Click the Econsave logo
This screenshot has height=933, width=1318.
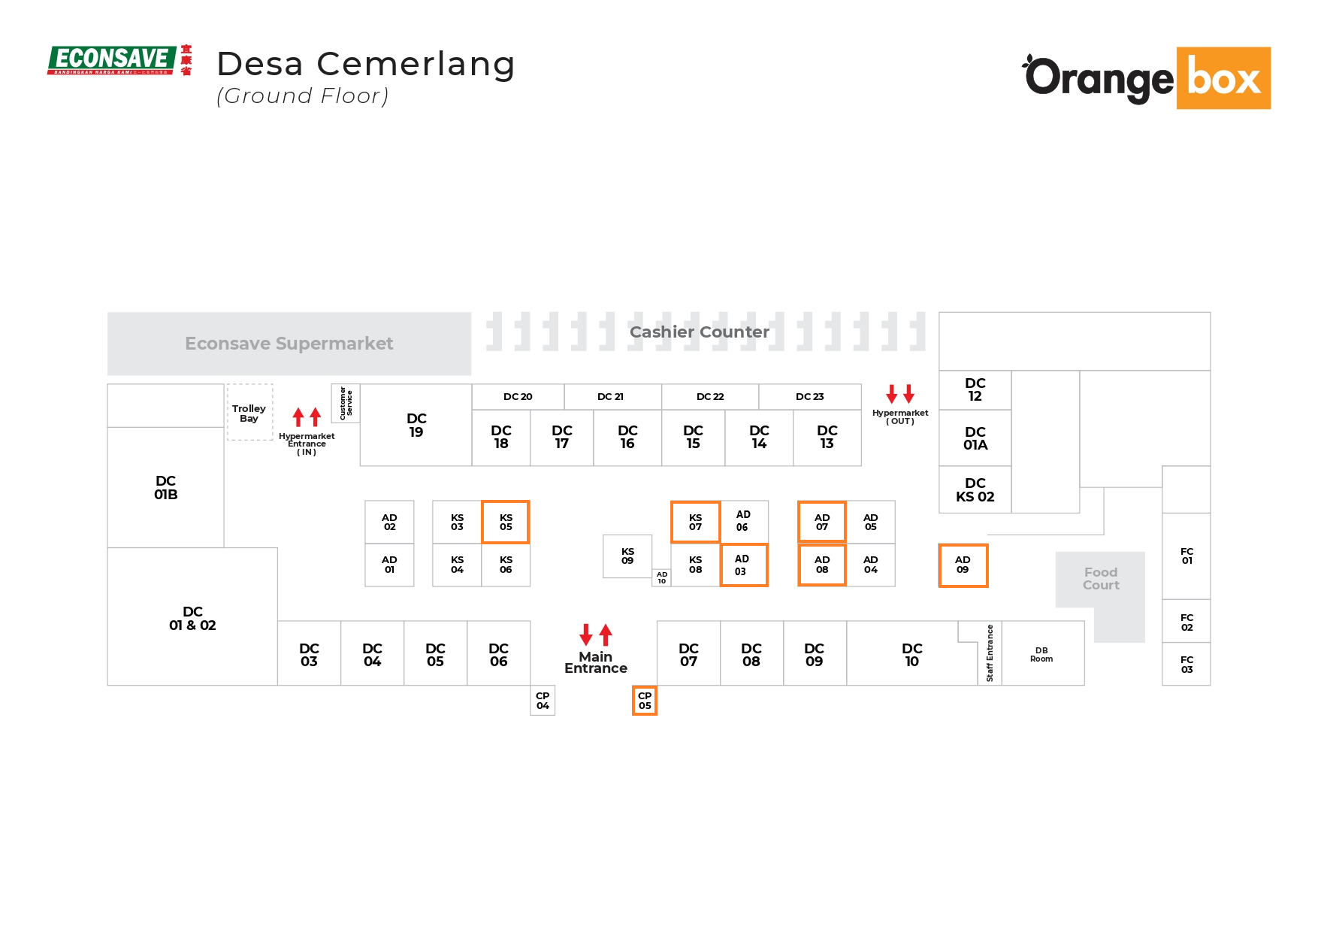119,60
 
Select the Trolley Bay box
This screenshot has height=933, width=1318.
249,413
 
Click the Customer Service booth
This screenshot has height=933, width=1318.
346,403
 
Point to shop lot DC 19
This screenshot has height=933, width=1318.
416,426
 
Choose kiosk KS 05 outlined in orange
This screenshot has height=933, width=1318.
506,522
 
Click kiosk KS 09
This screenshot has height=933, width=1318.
627,556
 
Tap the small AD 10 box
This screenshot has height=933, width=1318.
661,578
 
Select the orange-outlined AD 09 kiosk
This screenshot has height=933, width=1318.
963,565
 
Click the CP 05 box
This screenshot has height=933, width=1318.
645,701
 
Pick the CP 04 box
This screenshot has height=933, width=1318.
543,701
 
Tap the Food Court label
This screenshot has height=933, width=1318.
1101,579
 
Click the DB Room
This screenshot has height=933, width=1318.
1041,654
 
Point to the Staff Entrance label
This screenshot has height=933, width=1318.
990,653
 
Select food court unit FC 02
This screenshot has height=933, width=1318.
1187,622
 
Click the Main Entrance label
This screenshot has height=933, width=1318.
596,662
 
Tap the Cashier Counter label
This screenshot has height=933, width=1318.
699,332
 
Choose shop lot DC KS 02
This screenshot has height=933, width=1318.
975,490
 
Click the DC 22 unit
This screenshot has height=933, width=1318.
710,397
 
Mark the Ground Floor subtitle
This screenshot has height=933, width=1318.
303,96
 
